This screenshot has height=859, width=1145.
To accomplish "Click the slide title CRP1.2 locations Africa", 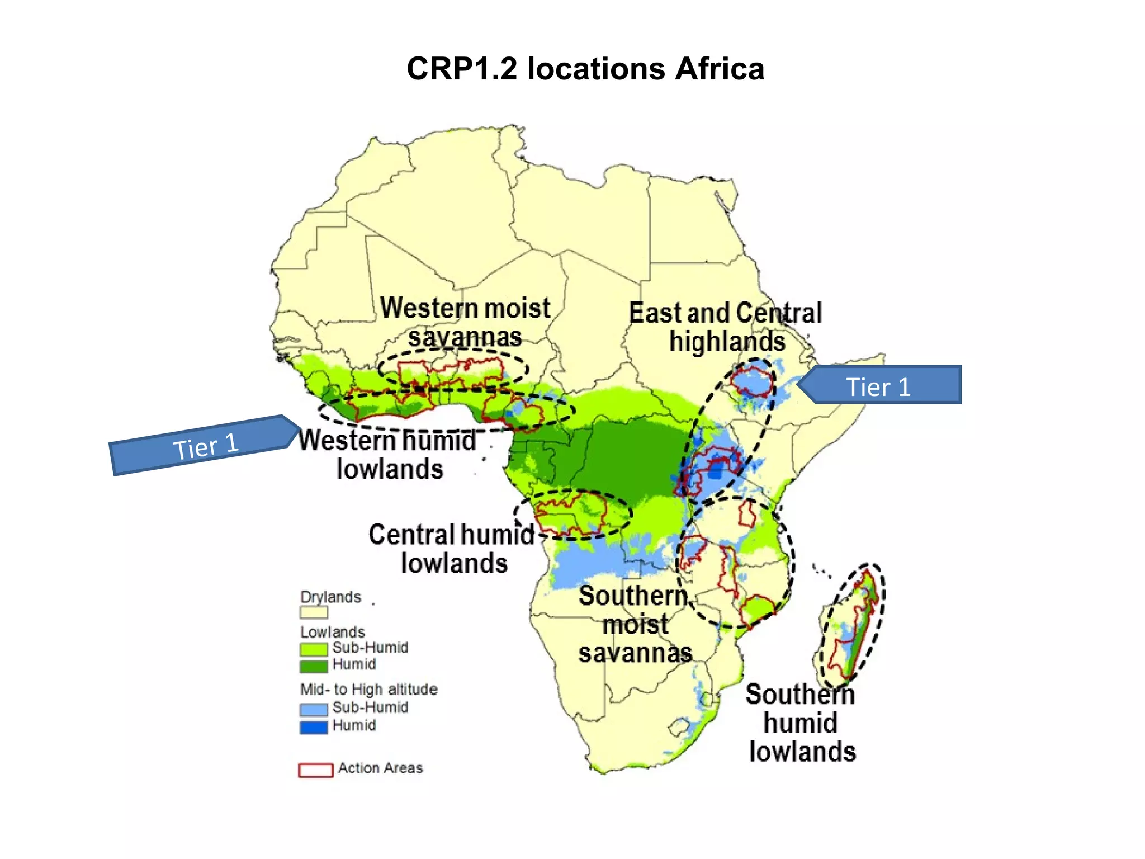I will [x=585, y=69].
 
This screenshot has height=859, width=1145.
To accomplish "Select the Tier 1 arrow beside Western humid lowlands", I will [x=204, y=446].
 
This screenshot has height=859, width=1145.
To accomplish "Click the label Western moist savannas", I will [x=465, y=323].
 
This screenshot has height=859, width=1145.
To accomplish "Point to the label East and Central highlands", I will [x=726, y=327].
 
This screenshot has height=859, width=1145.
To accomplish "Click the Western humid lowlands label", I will [x=388, y=455].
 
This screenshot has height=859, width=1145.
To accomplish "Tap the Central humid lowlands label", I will [x=452, y=549].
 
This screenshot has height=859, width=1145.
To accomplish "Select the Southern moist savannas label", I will [x=635, y=624].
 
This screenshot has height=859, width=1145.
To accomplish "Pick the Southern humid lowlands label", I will [x=801, y=723].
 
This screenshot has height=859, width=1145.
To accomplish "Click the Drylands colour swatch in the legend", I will [x=313, y=612].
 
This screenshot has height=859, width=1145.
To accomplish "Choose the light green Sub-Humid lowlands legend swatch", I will [x=313, y=649].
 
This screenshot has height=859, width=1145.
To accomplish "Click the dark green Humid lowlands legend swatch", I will [x=313, y=666].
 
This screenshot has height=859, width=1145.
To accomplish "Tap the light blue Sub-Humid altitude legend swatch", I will [x=313, y=709].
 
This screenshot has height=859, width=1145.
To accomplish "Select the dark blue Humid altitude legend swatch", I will [x=313, y=727].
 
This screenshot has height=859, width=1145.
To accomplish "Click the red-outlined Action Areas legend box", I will [x=315, y=770].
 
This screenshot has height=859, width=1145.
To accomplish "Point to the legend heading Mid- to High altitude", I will [x=368, y=689].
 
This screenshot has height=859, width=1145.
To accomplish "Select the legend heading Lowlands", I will [x=332, y=632].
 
